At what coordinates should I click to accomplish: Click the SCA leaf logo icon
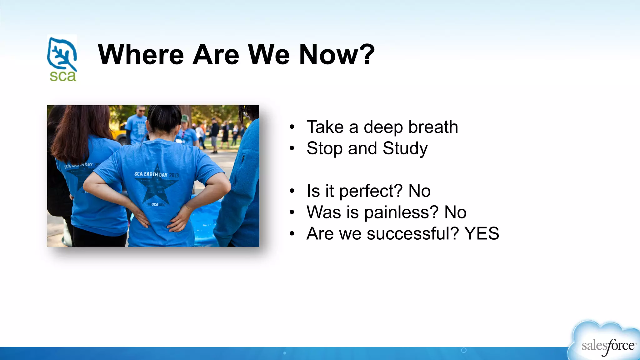point(62,53)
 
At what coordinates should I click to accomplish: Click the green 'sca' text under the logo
point(62,76)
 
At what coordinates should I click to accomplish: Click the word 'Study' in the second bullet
point(405,148)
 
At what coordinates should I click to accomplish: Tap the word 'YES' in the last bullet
point(482,233)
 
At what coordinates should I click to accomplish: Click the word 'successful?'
point(412,233)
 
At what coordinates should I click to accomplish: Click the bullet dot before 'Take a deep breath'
point(292,127)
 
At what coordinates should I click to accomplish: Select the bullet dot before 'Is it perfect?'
point(292,191)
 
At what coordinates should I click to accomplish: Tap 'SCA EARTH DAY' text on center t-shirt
point(151,174)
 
